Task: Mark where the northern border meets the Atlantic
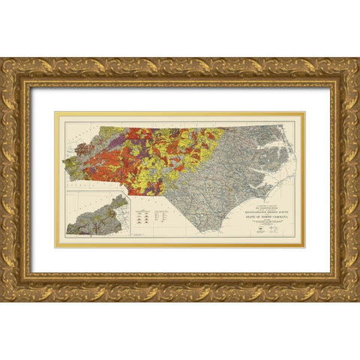pos(283,126)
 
